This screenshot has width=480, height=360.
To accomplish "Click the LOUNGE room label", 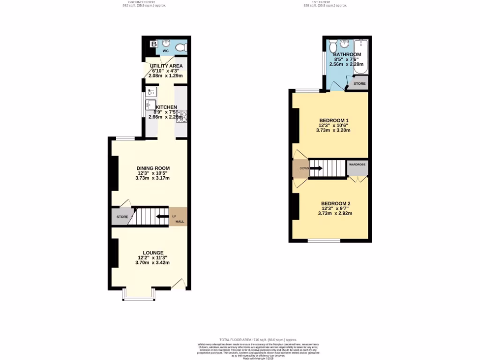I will [x=150, y=253].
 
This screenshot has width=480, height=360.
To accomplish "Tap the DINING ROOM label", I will [x=153, y=168].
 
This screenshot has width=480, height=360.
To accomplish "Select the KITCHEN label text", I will [x=166, y=107].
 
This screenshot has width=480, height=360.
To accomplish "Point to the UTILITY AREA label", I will [x=166, y=66].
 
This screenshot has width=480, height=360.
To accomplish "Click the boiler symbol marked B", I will [x=153, y=44].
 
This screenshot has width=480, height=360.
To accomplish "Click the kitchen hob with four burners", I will [x=181, y=117].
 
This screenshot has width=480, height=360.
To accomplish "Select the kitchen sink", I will [x=150, y=104].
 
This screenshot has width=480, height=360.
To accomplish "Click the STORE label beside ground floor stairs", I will [x=122, y=217].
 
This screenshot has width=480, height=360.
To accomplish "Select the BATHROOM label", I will [x=347, y=54].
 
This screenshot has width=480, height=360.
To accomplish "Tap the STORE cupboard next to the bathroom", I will [x=360, y=84].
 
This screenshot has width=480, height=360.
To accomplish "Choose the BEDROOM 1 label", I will [x=334, y=120].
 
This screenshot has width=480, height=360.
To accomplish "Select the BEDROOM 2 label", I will [x=336, y=203].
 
